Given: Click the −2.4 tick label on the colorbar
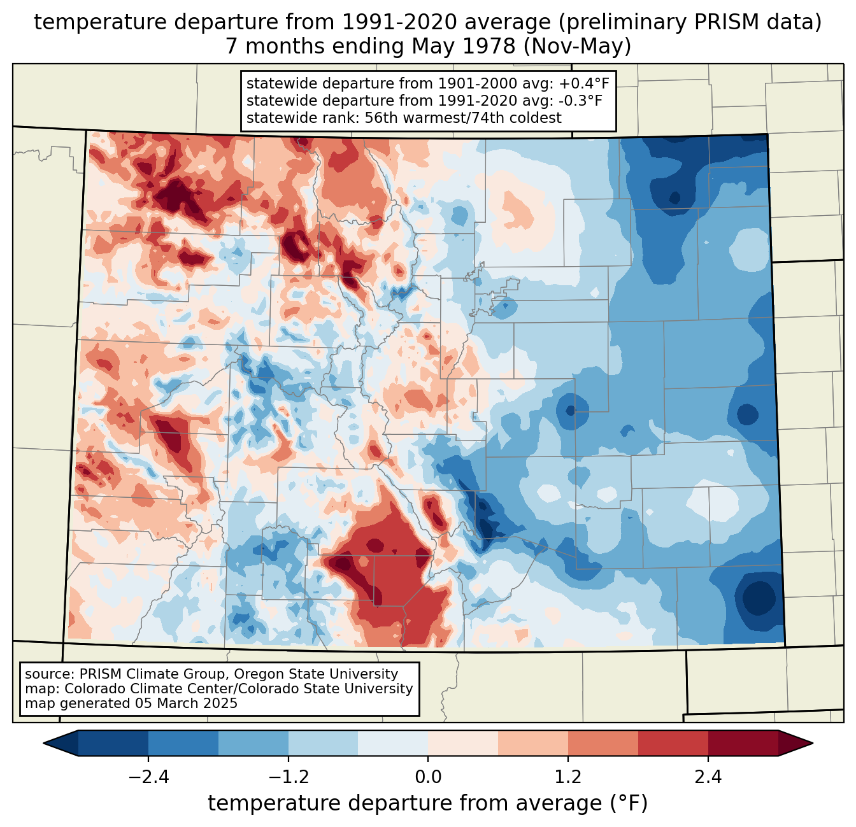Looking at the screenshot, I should tap(148, 777).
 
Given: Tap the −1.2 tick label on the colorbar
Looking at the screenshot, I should tap(288, 777).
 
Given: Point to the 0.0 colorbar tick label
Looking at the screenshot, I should tap(428, 777).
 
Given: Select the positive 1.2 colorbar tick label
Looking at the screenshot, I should tap(568, 777).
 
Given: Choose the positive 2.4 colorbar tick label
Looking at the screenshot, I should tap(708, 777).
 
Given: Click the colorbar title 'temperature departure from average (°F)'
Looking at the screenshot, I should tap(428, 803).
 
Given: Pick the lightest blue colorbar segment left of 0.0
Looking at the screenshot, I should tap(393, 743).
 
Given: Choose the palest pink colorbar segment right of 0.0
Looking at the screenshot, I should tap(463, 743).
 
